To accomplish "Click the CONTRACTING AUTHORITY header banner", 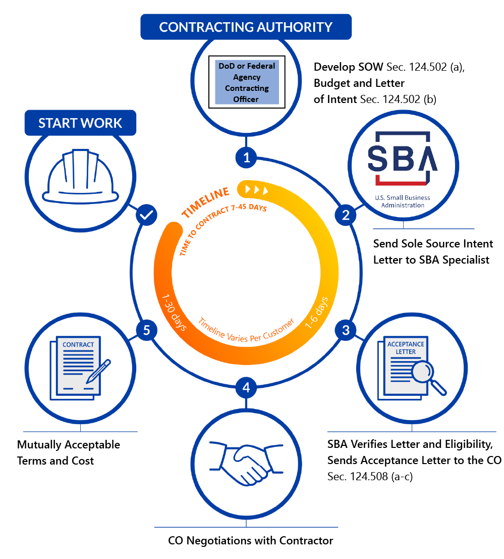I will tap(246, 27).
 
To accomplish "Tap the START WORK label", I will tap(80, 123).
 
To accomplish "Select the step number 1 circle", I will tap(247, 158).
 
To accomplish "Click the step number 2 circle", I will tap(346, 215).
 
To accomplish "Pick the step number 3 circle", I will tap(346, 330).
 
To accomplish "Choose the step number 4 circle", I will tap(246, 388).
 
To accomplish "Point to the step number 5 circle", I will tap(147, 330).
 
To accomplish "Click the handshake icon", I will tap(246, 462).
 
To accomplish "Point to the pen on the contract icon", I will tap(99, 370).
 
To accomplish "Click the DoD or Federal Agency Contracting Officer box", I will tap(247, 83).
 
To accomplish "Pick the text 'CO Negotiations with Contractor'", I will tap(251, 540).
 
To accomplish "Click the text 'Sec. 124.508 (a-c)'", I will tap(370, 476).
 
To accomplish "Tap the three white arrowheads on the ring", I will tap(256, 190).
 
